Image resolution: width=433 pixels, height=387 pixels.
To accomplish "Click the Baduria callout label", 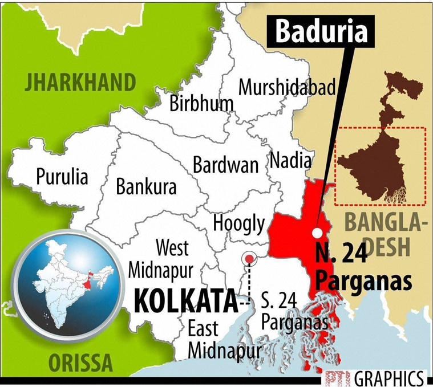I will [x=322, y=32].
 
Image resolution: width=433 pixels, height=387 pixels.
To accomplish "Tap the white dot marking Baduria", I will [x=317, y=233].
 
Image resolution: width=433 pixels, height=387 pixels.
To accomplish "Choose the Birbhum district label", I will [x=201, y=104].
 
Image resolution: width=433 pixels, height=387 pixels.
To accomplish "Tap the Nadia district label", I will [x=290, y=160].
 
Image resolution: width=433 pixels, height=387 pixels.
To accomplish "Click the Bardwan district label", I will [x=225, y=165].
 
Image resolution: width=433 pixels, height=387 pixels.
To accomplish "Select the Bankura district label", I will [x=146, y=186].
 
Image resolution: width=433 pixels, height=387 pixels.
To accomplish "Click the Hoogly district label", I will [x=239, y=223].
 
